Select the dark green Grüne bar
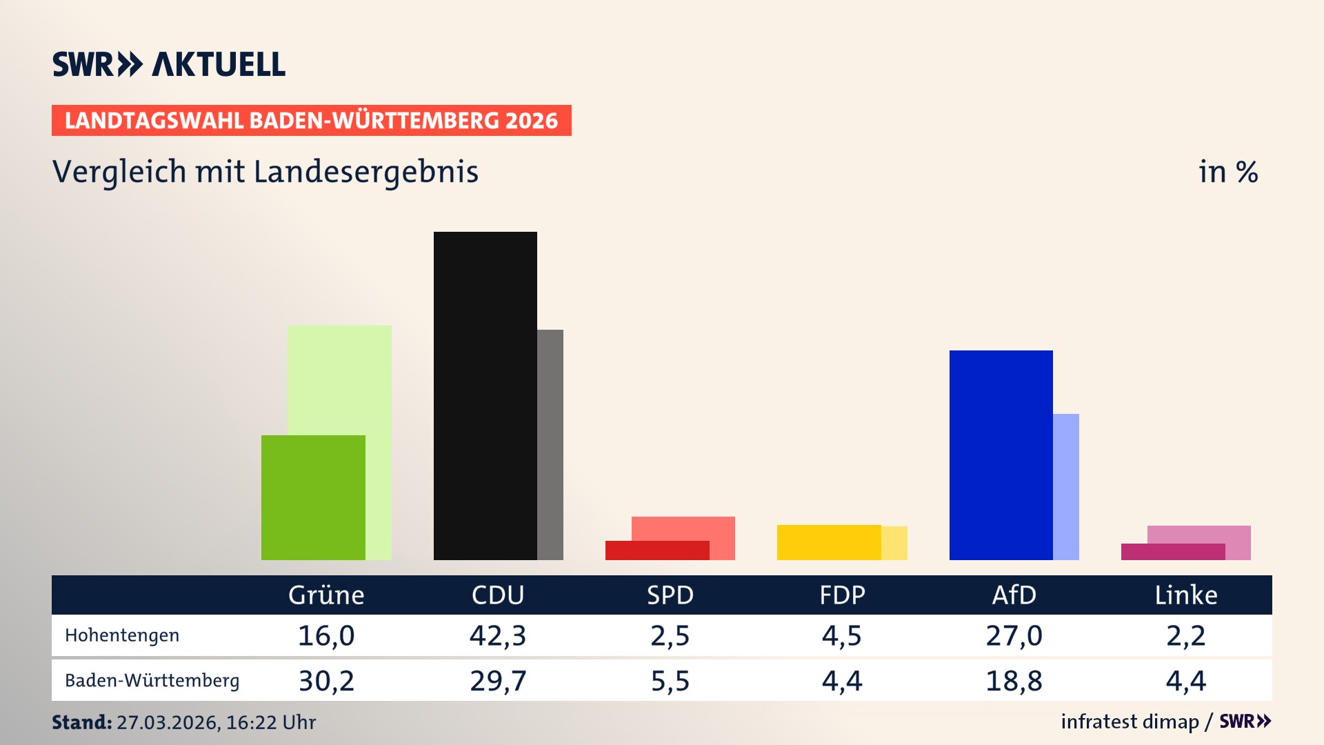click(x=313, y=497)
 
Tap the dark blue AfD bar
click(x=1001, y=455)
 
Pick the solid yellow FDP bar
click(x=829, y=542)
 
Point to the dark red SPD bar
click(x=656, y=550)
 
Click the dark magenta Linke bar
click(x=1172, y=552)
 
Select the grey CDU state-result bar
click(x=550, y=444)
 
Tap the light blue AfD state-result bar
click(x=1066, y=486)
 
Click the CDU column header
click(x=498, y=595)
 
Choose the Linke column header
click(x=1186, y=595)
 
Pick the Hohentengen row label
click(x=122, y=635)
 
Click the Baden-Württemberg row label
click(x=152, y=681)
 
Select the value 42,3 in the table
click(x=498, y=635)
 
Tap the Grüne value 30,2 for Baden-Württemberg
click(x=326, y=681)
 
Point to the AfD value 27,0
click(x=1014, y=635)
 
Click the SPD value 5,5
click(x=670, y=681)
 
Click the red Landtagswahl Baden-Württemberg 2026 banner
click(x=311, y=121)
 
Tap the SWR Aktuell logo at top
click(x=169, y=64)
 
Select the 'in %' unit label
click(x=1228, y=172)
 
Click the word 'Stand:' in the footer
click(x=81, y=722)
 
